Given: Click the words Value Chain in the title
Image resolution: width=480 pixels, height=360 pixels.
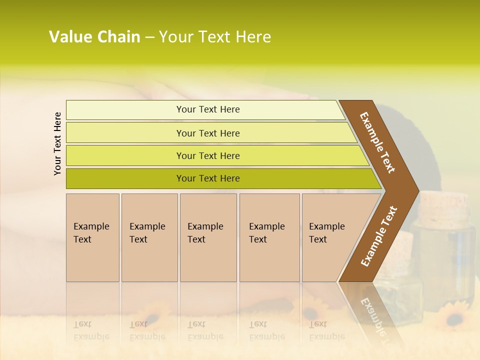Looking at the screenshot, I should click(x=94, y=37).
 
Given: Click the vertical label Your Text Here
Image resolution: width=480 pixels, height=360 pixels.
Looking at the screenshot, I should click(x=57, y=144).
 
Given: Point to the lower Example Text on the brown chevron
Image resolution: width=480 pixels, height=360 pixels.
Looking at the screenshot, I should click(x=379, y=236).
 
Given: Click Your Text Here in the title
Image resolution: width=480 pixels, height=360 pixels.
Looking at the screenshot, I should click(x=215, y=37).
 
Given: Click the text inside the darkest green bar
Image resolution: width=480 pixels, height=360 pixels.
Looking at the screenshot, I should click(x=208, y=178).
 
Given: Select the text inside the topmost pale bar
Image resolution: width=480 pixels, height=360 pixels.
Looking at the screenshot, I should click(x=208, y=109).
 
